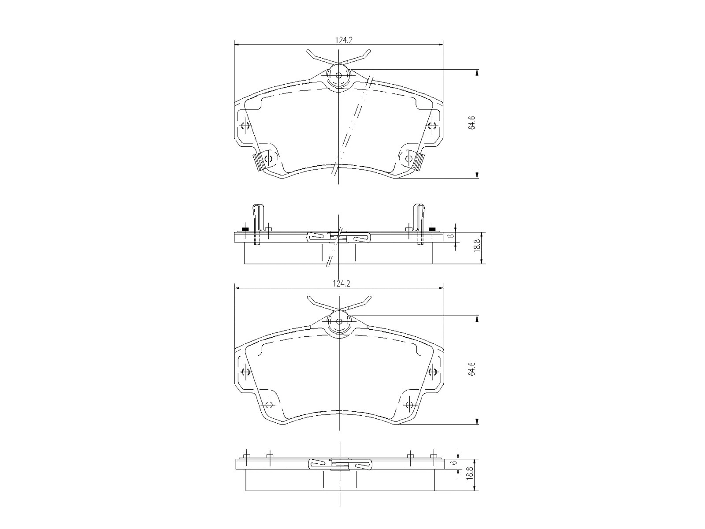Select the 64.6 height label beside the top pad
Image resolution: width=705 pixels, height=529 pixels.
(x=472, y=124)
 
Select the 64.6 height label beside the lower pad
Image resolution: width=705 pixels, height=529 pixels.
(x=472, y=369)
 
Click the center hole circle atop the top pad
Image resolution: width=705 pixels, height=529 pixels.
(x=338, y=75)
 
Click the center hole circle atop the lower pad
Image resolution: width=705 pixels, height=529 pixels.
(x=338, y=320)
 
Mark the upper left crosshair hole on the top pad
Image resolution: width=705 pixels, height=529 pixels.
(x=245, y=127)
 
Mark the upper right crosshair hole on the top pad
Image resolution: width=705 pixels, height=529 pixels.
(x=432, y=127)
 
